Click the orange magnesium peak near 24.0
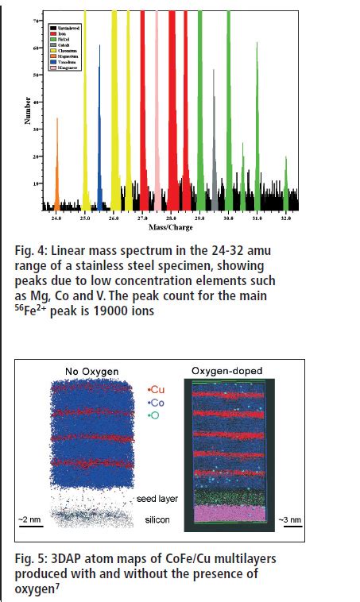point(57,167)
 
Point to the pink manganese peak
point(157,119)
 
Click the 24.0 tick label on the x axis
point(56,218)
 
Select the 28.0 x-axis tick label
point(171,218)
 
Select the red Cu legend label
point(157,391)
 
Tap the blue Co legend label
point(157,403)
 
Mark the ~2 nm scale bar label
point(32,519)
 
